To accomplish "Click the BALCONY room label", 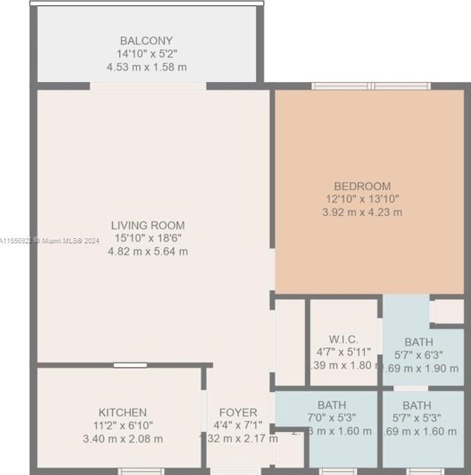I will [146, 41].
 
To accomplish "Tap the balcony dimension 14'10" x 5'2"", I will [146, 54].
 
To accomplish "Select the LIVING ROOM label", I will [148, 225].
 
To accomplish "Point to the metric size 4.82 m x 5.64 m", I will [148, 252].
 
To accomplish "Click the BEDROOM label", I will [362, 186].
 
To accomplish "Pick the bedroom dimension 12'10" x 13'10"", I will [362, 199].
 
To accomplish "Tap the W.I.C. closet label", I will [344, 339].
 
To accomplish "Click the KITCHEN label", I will [122, 412].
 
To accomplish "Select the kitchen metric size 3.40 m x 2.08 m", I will [122, 439].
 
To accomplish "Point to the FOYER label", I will [238, 412].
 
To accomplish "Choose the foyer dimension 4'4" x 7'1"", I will [238, 425].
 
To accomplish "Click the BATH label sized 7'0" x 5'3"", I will [331, 405].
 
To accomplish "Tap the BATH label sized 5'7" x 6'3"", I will [418, 342].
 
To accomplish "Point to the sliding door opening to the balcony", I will [148, 86].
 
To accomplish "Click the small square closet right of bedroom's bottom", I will [447, 311].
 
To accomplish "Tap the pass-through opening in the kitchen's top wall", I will [129, 365].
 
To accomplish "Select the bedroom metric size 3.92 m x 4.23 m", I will [362, 212].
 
